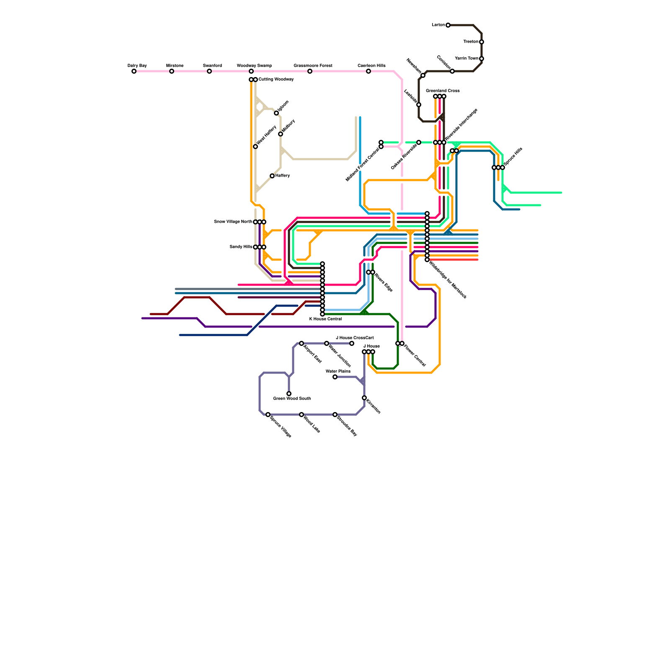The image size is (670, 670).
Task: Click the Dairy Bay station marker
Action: [134, 71]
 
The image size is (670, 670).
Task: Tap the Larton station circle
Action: [448, 25]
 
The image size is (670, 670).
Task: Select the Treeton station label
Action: [471, 42]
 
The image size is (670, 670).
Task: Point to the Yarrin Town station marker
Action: [482, 59]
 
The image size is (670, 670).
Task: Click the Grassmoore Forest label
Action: [313, 66]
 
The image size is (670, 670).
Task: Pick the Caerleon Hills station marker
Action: [368, 71]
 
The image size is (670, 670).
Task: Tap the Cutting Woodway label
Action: [276, 80]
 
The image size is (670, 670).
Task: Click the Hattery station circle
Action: [272, 176]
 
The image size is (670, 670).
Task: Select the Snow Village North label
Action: [233, 222]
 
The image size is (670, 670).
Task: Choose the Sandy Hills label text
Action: [241, 247]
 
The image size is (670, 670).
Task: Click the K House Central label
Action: [325, 319]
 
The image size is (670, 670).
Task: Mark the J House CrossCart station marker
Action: [352, 343]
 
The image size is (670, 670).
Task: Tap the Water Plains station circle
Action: [335, 377]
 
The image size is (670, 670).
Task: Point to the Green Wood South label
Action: [292, 399]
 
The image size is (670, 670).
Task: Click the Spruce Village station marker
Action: [268, 415]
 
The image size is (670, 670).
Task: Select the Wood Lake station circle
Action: [301, 415]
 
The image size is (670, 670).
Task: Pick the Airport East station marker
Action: [301, 343]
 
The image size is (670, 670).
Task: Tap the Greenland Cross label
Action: [443, 91]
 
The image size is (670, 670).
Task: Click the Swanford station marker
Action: [209, 71]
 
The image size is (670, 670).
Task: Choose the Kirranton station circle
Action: [364, 398]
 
